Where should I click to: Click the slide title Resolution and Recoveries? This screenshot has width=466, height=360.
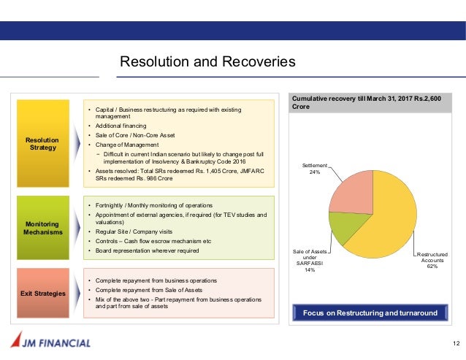(x=207, y=62)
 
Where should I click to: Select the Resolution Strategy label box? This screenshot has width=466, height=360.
(x=42, y=142)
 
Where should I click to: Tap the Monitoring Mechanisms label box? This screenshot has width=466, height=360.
(x=42, y=227)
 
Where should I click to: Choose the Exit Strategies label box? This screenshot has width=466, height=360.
(x=42, y=293)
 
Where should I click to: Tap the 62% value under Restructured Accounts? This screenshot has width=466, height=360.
(x=432, y=267)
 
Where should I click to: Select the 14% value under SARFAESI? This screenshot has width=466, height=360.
(x=310, y=270)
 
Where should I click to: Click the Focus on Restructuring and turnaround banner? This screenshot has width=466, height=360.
(x=369, y=313)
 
